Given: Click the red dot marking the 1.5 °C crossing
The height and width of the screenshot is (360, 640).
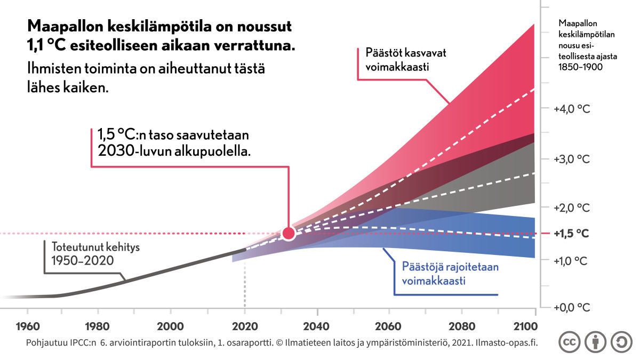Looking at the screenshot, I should [x=289, y=233].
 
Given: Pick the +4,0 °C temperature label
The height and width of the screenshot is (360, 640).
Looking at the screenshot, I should [x=572, y=109].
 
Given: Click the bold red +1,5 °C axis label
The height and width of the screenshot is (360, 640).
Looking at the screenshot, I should [x=572, y=234].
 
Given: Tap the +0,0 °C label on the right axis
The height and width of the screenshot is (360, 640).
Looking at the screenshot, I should [x=572, y=308].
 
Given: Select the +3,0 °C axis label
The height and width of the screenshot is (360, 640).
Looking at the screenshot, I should [x=572, y=159].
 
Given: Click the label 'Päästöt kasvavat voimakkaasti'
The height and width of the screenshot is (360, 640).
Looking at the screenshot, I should [x=402, y=60].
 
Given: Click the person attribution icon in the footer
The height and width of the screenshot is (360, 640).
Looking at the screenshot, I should [x=595, y=342].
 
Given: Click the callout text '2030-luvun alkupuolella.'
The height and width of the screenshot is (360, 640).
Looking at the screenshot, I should [x=174, y=151].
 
